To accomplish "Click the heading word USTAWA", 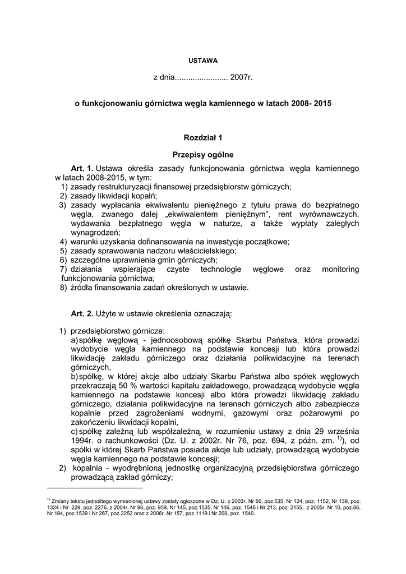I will click(x=202, y=59).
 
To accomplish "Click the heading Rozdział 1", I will click(x=203, y=137).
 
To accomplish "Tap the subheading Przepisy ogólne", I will click(x=203, y=154).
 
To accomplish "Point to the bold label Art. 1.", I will click(x=82, y=168).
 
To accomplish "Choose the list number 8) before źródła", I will click(x=63, y=288).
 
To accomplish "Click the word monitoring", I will click(x=340, y=269).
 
